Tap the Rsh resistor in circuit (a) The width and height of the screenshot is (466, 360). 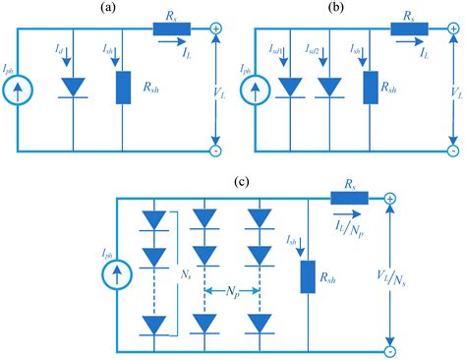click(x=122, y=87)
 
